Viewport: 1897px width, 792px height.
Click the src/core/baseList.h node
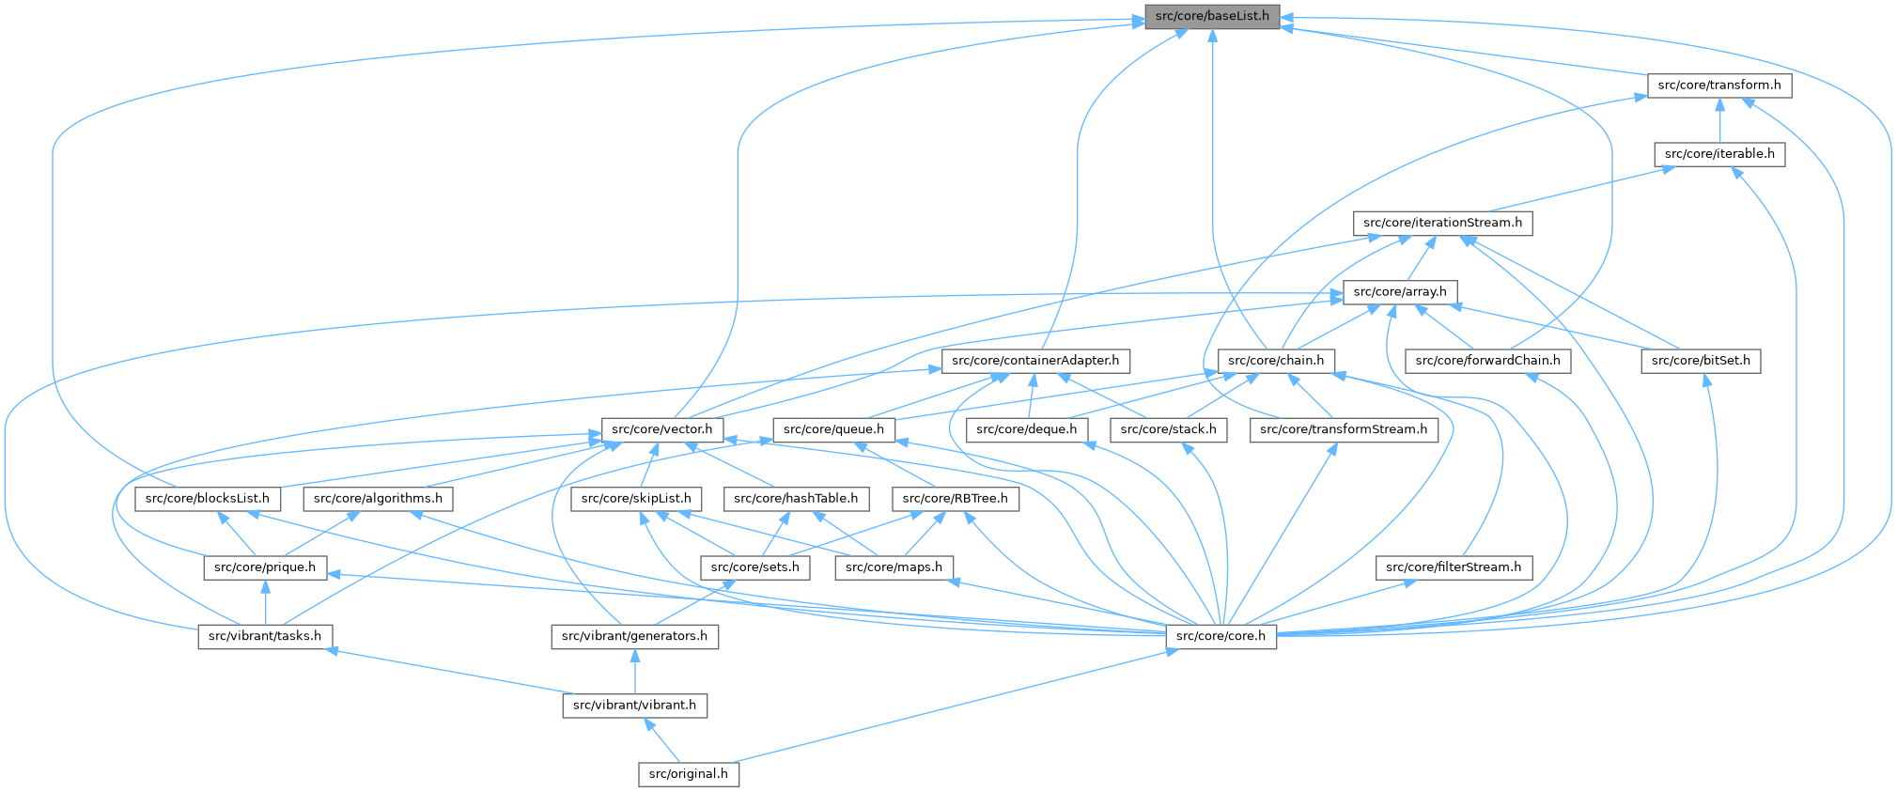click(1212, 16)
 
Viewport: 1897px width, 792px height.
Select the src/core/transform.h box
click(1718, 85)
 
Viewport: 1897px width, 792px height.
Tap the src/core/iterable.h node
click(1718, 154)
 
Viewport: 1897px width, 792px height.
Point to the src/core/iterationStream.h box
click(1442, 224)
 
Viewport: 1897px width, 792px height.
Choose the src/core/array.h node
click(1400, 292)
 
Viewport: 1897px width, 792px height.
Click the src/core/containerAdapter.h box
click(1034, 361)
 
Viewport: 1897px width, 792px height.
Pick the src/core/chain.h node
click(1275, 361)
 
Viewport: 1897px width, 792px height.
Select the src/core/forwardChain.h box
click(1487, 361)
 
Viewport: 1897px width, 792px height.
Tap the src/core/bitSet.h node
click(1701, 361)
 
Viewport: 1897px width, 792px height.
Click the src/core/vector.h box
click(661, 430)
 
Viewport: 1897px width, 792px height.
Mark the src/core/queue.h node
click(833, 430)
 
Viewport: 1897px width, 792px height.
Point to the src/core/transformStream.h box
click(1343, 430)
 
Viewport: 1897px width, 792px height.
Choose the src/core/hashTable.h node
click(795, 499)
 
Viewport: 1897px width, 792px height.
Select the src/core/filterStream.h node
click(1453, 567)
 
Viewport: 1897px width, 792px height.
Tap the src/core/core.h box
click(1221, 637)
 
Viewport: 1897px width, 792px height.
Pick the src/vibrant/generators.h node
click(634, 637)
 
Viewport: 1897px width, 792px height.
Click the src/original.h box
click(689, 774)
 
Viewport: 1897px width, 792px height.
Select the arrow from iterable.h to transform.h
click(1718, 120)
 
